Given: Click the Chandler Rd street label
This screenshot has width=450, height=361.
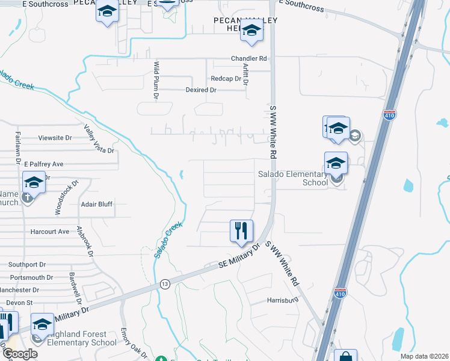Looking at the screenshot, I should click(248, 58).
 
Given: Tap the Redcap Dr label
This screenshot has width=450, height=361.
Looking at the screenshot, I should click(226, 79).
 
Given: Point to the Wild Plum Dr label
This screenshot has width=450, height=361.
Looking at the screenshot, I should click(156, 79).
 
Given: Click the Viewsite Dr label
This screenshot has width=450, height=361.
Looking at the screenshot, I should click(55, 138).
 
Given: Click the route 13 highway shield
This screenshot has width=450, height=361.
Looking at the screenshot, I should click(165, 284).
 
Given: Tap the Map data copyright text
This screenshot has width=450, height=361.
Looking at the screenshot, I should click(424, 357).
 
